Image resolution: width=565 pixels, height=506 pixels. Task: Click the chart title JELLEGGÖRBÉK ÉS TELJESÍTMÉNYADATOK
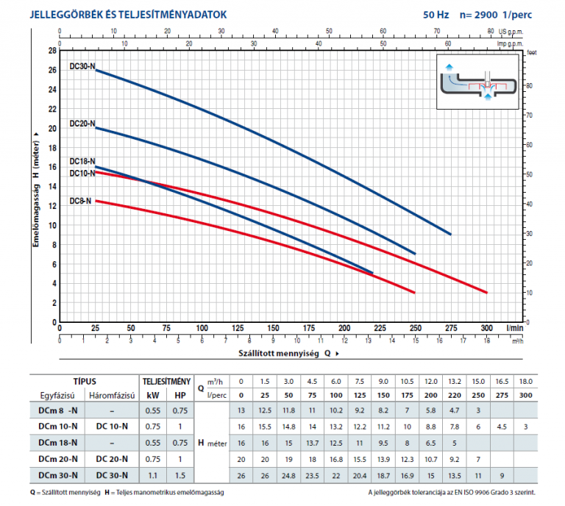point(129,14)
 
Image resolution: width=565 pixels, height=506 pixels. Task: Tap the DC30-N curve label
point(82,66)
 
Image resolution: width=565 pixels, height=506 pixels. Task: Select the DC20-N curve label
point(82,124)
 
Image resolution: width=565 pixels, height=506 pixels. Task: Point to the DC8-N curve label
point(81,201)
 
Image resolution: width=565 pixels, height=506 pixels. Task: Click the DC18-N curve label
point(82,161)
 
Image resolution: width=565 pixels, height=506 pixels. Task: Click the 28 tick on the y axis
point(52,51)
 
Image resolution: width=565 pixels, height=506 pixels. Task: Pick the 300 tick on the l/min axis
point(486,328)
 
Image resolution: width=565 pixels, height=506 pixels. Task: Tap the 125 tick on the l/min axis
point(238,328)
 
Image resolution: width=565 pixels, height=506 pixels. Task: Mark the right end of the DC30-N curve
point(450,234)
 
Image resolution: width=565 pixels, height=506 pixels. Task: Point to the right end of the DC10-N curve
point(486,293)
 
